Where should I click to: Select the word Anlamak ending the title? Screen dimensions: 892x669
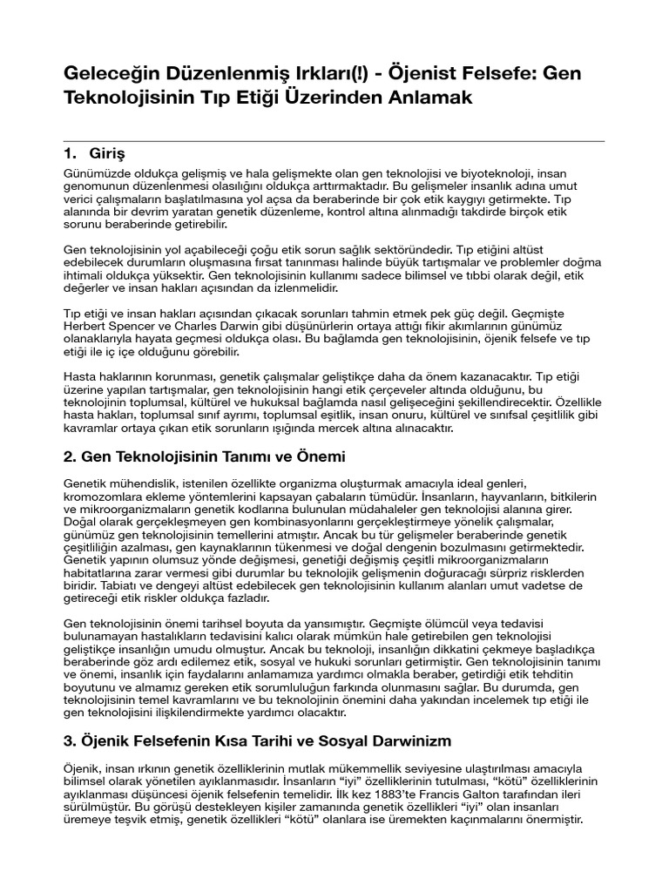click(x=427, y=98)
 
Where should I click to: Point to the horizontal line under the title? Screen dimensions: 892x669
click(x=334, y=140)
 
